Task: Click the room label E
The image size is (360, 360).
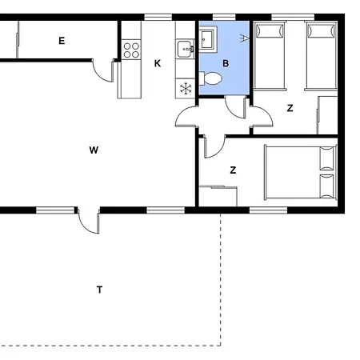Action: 62,41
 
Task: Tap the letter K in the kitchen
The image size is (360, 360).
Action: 158,63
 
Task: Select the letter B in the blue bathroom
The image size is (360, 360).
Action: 226,63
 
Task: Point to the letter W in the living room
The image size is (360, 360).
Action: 94,150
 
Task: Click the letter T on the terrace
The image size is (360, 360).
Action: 99,290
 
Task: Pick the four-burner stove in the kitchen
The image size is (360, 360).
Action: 131,50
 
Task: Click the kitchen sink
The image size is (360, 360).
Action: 186,49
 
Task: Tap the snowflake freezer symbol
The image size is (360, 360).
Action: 186,89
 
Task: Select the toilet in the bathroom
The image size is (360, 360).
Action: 210,78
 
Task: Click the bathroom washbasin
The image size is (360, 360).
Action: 207,39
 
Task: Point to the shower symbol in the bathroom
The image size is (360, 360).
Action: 244,38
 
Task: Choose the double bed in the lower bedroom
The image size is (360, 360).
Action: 300,172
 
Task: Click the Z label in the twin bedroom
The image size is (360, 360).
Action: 290,108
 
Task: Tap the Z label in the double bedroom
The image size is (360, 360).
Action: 233,170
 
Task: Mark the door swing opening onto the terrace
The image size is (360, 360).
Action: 90,222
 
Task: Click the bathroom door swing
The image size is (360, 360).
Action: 234,108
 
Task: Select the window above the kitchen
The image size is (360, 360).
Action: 158,18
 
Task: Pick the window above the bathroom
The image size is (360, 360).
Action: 224,18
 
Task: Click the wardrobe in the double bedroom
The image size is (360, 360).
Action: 218,196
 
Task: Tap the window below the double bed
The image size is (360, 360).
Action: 268,210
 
